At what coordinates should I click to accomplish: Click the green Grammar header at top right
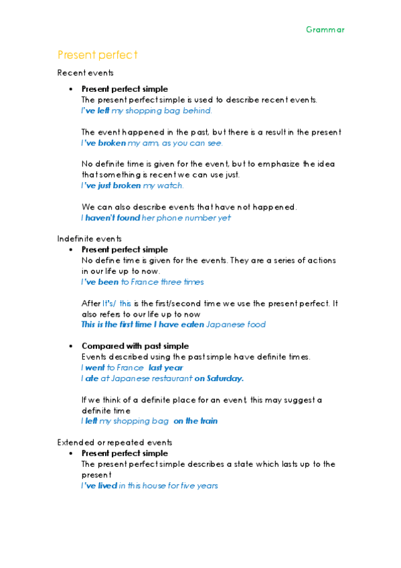tap(325, 29)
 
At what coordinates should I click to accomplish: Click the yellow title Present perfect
tap(97, 54)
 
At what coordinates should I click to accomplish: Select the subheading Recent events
tap(85, 72)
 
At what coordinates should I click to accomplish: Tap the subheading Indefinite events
tap(90, 238)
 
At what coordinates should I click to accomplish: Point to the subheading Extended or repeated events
tap(114, 442)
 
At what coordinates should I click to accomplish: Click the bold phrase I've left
tap(95, 111)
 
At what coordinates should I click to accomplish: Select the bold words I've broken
tap(102, 143)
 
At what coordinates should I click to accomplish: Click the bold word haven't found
tap(112, 218)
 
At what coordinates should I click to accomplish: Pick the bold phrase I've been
tap(100, 282)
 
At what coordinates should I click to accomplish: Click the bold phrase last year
tap(165, 368)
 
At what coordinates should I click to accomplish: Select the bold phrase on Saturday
tap(219, 378)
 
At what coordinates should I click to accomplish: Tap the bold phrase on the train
tap(195, 421)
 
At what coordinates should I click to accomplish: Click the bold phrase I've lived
tap(99, 486)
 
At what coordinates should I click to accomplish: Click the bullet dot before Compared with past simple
tap(70, 346)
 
